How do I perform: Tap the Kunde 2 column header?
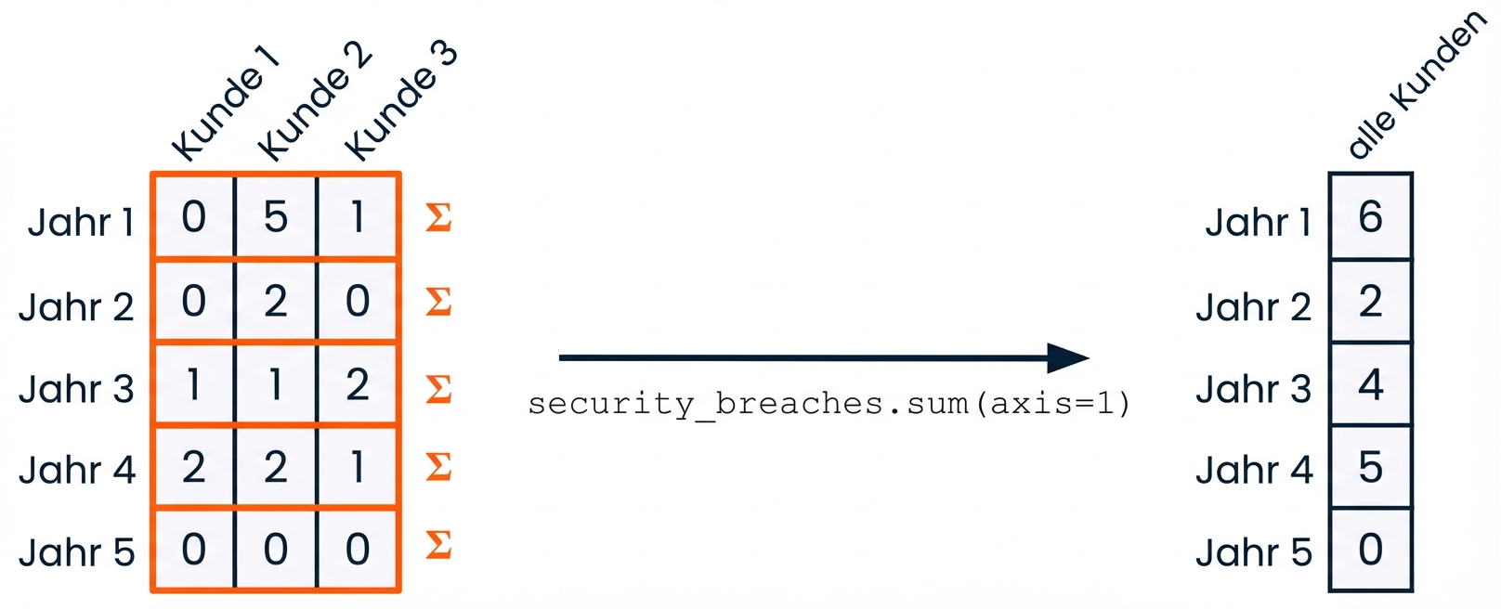(313, 102)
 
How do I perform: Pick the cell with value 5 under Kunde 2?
(276, 217)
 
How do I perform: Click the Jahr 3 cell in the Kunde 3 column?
(358, 384)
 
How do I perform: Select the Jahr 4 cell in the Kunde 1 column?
(193, 467)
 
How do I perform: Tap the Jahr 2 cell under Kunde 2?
(276, 301)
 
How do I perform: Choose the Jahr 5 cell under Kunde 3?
(358, 550)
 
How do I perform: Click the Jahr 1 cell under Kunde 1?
(193, 217)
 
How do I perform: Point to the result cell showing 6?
(1370, 217)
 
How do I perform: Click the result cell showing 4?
(1370, 384)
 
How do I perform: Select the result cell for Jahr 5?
(1370, 550)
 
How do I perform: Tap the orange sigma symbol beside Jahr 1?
(438, 217)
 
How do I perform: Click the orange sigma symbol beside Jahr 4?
(438, 466)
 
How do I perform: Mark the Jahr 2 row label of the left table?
(76, 306)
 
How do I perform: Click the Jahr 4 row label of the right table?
(1254, 470)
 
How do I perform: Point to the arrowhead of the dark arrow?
(1068, 357)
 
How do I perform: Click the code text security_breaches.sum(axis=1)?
(829, 404)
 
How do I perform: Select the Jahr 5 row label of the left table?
(76, 552)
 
